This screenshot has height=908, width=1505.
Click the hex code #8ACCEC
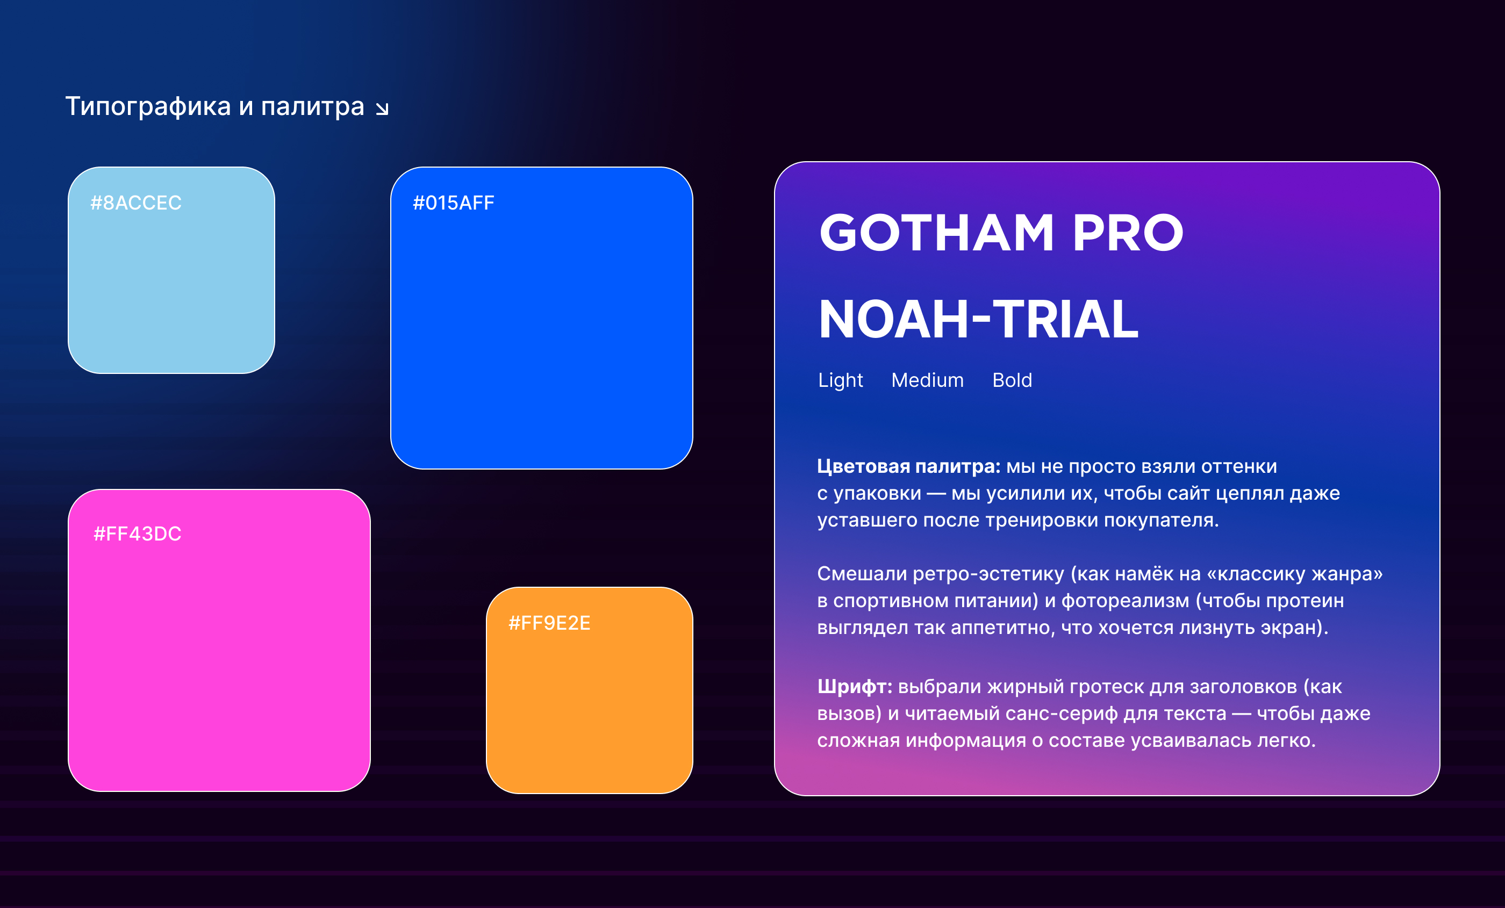point(135,203)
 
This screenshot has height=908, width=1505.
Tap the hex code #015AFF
point(453,203)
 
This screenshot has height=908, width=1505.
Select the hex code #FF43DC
point(138,534)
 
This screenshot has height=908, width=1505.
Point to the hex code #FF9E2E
point(549,623)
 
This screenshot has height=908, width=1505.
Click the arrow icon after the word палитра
point(382,109)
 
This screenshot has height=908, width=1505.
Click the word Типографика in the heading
point(148,107)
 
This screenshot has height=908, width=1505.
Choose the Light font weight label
point(841,380)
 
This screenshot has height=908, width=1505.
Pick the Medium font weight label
point(927,380)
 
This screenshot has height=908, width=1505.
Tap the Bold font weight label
point(1012,380)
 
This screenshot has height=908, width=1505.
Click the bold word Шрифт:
point(855,687)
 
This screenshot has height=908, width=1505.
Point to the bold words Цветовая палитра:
point(909,466)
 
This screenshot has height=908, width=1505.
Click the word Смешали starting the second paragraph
point(862,574)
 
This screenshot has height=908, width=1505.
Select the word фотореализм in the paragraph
point(1125,601)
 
